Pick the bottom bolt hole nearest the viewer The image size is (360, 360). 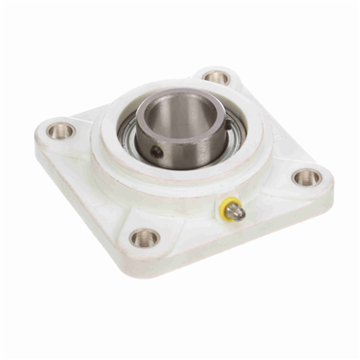click(144, 237)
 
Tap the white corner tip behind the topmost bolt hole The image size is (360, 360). click(217, 66)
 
